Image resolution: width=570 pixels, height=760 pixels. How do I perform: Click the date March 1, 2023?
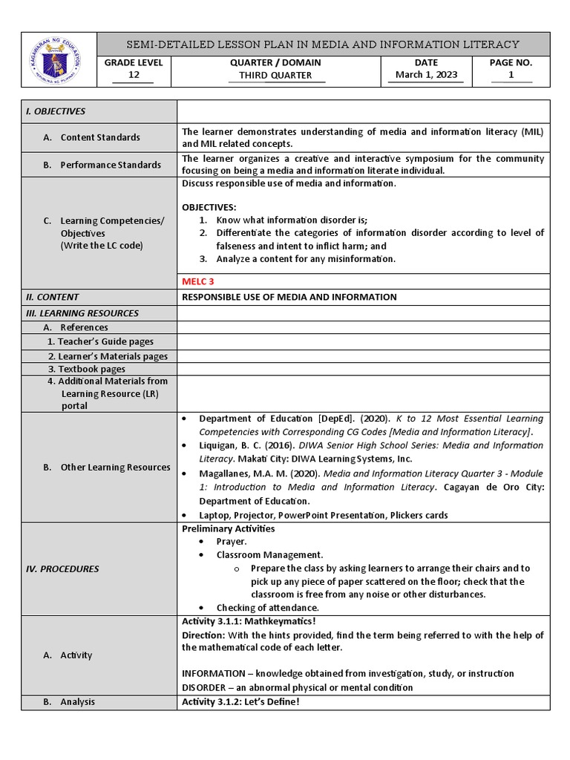pyautogui.click(x=426, y=75)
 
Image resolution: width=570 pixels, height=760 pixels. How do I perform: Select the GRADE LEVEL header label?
pyautogui.click(x=134, y=63)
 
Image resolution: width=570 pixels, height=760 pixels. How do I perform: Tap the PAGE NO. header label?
pyautogui.click(x=511, y=63)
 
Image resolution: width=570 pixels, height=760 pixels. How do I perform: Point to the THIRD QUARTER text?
pyautogui.click(x=275, y=75)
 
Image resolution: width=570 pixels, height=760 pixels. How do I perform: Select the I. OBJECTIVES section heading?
pyautogui.click(x=56, y=111)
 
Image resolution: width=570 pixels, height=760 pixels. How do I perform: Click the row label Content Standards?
pyautogui.click(x=99, y=137)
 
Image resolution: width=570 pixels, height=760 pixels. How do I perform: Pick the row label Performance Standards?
pyautogui.click(x=110, y=165)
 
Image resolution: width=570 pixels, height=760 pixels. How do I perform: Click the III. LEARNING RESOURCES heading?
pyautogui.click(x=82, y=313)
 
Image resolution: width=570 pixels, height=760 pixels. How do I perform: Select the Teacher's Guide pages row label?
pyautogui.click(x=100, y=341)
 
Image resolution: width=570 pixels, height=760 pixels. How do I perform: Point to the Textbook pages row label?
pyautogui.click(x=87, y=369)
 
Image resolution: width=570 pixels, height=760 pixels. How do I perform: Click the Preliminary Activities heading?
pyautogui.click(x=228, y=528)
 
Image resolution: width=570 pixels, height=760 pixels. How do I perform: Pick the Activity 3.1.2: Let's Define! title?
pyautogui.click(x=240, y=701)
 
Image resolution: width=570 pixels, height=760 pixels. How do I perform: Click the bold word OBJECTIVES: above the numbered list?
pyautogui.click(x=209, y=207)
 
